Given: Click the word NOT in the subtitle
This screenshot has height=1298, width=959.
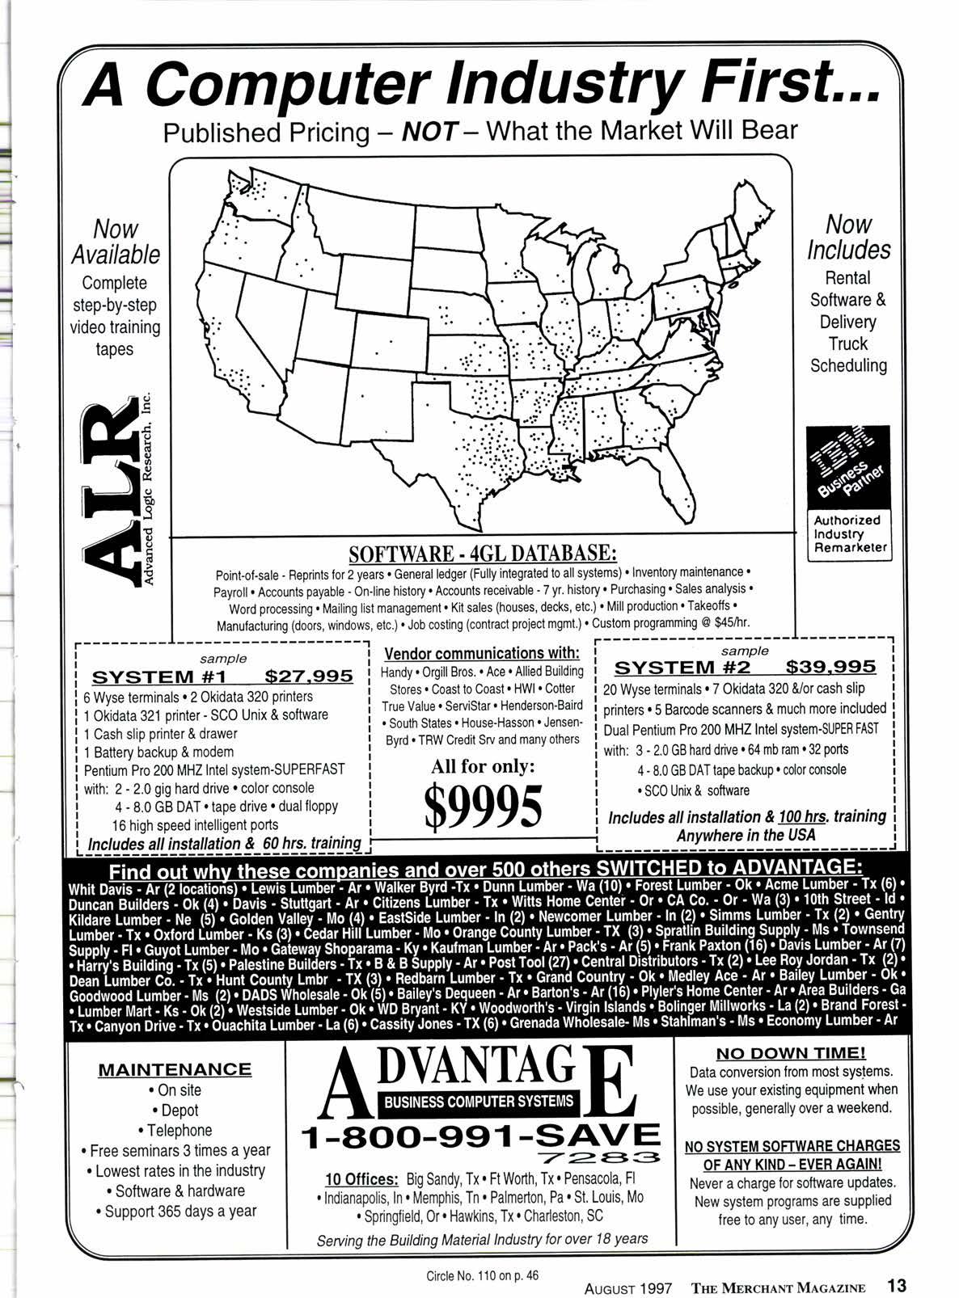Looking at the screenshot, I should pos(429,131).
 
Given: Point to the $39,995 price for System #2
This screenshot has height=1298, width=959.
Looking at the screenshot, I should pos(830,668).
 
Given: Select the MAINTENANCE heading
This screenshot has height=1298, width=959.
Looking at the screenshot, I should pos(175,1069).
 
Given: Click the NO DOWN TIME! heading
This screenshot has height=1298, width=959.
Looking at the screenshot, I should pos(791,1052).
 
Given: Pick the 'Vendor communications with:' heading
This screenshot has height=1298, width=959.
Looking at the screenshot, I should pos(482,653).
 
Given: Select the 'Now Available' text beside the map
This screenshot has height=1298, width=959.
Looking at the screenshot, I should pos(116,242).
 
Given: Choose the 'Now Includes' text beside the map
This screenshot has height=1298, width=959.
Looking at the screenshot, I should pos(848,237).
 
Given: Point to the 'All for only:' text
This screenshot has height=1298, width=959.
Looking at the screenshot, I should pos(483,765).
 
